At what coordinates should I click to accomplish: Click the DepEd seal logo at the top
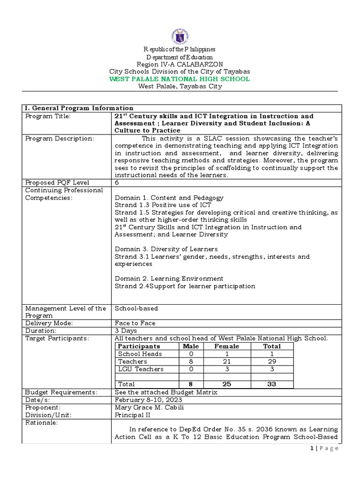click(180, 35)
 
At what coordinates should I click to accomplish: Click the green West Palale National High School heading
click(180, 79)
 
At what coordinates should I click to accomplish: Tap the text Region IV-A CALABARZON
click(180, 64)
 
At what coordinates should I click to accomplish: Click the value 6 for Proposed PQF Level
click(117, 182)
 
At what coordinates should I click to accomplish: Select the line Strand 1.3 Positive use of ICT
click(163, 205)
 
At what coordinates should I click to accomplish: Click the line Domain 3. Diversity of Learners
click(166, 249)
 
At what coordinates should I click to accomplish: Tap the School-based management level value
click(136, 308)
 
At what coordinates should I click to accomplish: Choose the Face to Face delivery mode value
click(135, 323)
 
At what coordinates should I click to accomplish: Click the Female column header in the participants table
click(227, 346)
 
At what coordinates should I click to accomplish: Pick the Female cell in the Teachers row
click(227, 361)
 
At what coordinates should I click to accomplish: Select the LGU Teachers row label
click(141, 369)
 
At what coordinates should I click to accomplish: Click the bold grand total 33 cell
click(272, 384)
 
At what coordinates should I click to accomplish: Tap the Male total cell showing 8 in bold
click(191, 384)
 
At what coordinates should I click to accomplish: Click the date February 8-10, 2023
click(148, 399)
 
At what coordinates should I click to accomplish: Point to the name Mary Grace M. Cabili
click(149, 407)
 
